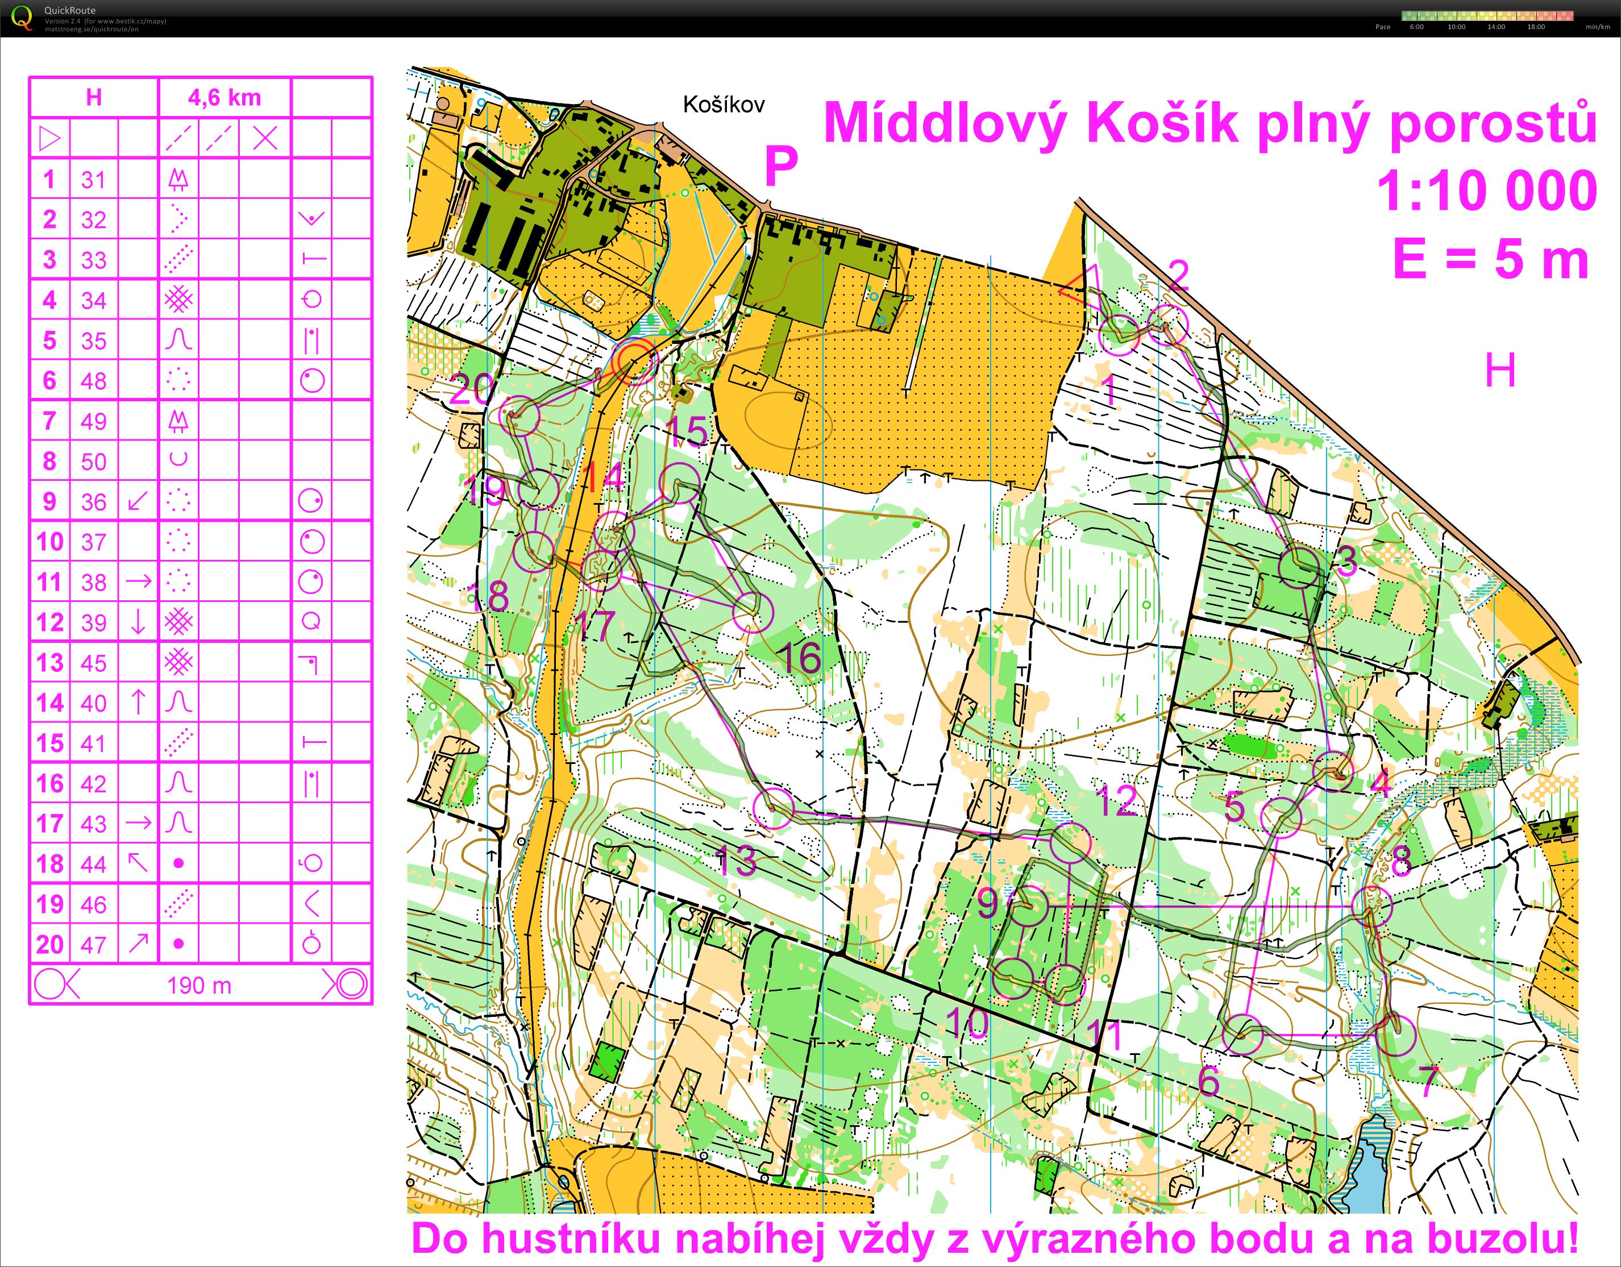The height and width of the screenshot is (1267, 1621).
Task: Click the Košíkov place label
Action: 723,105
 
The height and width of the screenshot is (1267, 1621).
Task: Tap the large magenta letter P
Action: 781,166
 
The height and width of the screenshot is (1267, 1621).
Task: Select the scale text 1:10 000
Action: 1487,192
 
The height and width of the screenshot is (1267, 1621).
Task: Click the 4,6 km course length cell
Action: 224,98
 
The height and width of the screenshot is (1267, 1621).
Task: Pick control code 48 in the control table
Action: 94,381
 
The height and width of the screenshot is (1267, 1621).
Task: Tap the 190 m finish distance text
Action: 199,986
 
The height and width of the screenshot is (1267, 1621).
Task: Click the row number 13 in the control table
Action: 49,663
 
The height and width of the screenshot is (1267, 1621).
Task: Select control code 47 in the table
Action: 94,945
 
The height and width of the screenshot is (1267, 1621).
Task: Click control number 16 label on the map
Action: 801,658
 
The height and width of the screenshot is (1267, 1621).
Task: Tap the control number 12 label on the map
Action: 1116,801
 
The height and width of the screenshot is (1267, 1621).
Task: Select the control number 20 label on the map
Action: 471,388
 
